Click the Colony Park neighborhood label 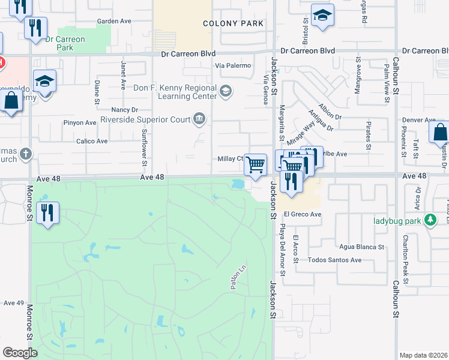tap(234, 23)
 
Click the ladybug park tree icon tap(430, 220)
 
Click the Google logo tap(20, 352)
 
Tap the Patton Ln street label tap(236, 280)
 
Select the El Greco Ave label tap(304, 214)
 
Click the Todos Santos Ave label tap(334, 260)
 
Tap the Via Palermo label tap(232, 65)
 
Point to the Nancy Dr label tap(125, 110)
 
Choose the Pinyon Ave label tap(80, 123)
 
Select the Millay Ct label tap(230, 158)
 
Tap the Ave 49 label tap(13, 303)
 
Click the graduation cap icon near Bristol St tap(322, 16)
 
